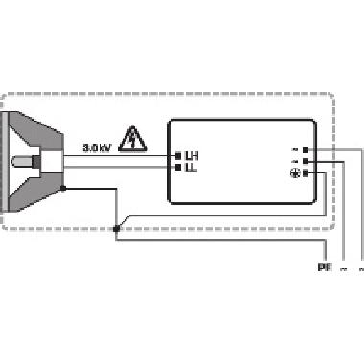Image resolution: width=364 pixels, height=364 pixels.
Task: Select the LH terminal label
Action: click(191, 155)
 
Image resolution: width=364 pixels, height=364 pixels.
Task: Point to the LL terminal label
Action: click(191, 167)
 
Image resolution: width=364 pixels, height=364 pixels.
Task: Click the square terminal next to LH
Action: click(178, 155)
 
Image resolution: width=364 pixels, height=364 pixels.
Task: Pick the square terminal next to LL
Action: click(178, 167)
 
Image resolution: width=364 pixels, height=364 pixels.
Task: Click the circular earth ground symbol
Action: click(294, 172)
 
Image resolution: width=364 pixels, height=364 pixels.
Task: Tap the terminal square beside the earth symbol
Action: click(306, 173)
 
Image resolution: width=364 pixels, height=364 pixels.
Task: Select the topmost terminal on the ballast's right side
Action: click(306, 149)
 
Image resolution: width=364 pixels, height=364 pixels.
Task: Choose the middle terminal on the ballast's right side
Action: click(306, 162)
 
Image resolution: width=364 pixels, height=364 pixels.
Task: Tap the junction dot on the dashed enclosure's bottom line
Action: click(116, 229)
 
